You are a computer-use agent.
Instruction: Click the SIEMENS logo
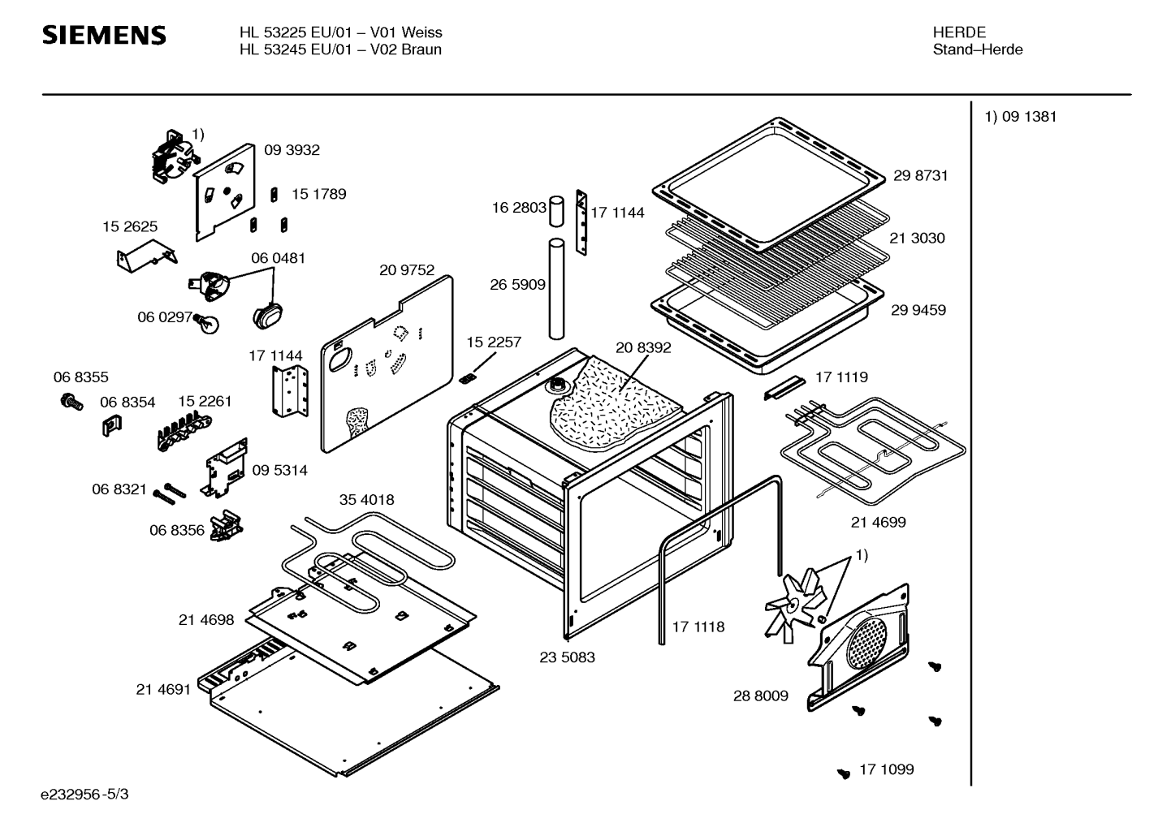click(104, 35)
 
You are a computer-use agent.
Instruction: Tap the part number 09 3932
click(292, 150)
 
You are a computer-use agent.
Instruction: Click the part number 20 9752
click(406, 270)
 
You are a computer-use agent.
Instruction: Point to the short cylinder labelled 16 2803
click(557, 210)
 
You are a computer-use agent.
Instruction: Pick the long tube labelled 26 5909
click(556, 288)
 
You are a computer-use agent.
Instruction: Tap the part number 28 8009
click(760, 696)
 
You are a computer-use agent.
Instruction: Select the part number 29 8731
click(920, 175)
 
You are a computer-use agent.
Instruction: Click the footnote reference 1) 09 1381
click(1021, 117)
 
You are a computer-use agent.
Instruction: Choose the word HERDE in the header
click(959, 32)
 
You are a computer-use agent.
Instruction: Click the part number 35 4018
click(366, 500)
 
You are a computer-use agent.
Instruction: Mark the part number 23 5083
click(567, 657)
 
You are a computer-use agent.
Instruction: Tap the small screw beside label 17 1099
click(844, 773)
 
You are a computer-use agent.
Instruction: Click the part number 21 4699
click(878, 523)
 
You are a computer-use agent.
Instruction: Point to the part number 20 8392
click(643, 348)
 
